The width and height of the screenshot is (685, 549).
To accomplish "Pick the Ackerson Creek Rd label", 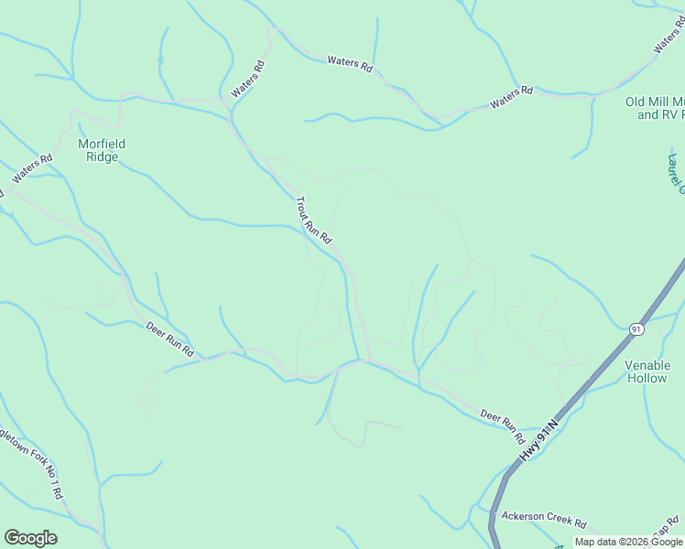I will [544, 519].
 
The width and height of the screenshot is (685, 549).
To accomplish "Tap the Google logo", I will [30, 538].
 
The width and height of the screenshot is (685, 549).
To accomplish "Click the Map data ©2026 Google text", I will [628, 542].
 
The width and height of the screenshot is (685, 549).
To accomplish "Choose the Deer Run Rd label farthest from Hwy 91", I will [170, 338].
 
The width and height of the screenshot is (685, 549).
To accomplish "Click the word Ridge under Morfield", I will [102, 156].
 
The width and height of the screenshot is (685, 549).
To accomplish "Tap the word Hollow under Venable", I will [647, 378].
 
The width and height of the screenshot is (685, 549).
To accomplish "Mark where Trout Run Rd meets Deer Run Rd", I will [366, 361].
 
